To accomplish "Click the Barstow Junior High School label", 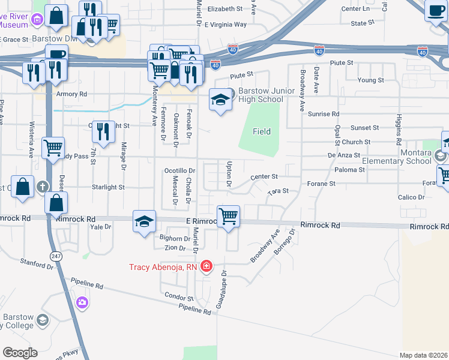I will point(261,95).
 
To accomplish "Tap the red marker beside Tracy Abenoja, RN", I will point(206,266).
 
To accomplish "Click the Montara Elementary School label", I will point(397,157).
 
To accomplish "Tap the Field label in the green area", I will point(261,131).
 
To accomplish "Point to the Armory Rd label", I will point(71,94).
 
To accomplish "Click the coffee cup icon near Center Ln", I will point(435,11).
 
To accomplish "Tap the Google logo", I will point(20,352).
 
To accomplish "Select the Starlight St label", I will point(108,187).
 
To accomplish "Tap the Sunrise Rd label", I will point(324,113).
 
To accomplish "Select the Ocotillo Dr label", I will point(180,170).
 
